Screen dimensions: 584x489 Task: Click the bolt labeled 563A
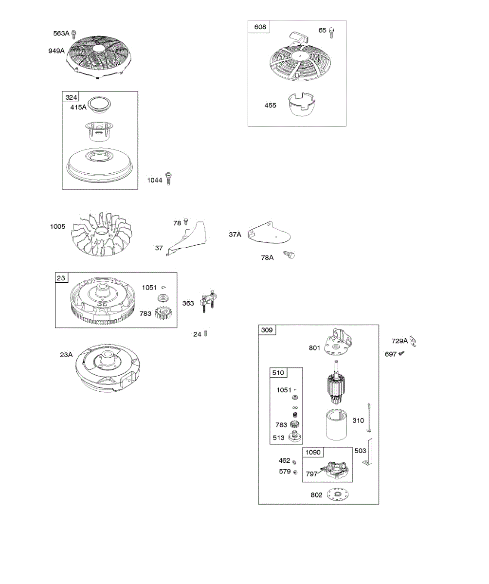(x=74, y=34)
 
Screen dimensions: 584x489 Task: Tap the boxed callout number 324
(x=71, y=97)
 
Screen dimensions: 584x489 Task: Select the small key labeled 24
(x=206, y=334)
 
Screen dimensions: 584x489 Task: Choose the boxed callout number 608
(x=260, y=27)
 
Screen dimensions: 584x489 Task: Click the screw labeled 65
(x=332, y=33)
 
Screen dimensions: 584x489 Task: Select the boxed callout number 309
(x=267, y=330)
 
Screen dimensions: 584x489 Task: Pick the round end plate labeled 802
(x=337, y=494)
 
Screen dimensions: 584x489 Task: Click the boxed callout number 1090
(x=313, y=452)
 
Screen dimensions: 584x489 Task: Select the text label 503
(x=360, y=451)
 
